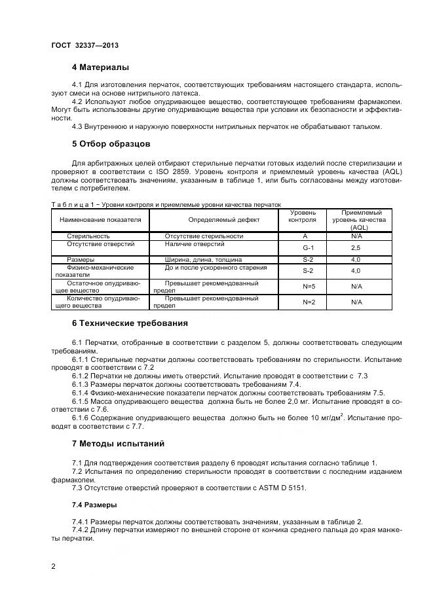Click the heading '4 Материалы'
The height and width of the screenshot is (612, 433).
pos(100,67)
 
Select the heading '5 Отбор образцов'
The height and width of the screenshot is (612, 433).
pos(111,143)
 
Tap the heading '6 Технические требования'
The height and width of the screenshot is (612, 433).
pos(130,323)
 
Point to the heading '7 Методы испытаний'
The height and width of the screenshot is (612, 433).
pos(118,444)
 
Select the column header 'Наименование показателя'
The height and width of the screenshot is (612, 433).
pos(100,220)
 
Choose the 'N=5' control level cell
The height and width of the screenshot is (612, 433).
pos(309,286)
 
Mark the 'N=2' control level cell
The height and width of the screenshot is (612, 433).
pos(309,302)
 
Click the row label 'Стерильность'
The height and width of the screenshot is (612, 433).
pos(88,236)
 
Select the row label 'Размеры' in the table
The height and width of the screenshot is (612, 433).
pos(81,259)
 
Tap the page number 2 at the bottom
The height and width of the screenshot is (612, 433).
pos(53,566)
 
